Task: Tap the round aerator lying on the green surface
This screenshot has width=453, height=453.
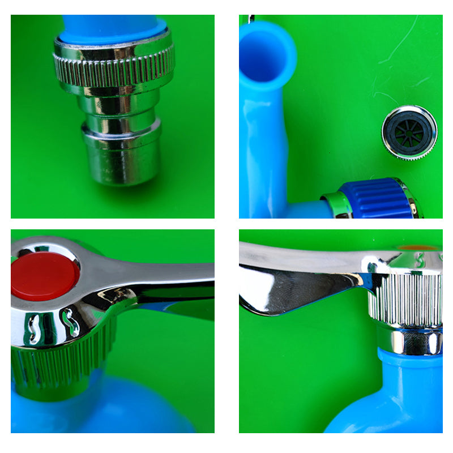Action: pyautogui.click(x=409, y=133)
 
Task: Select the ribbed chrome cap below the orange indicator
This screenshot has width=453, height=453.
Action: pyautogui.click(x=405, y=300)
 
